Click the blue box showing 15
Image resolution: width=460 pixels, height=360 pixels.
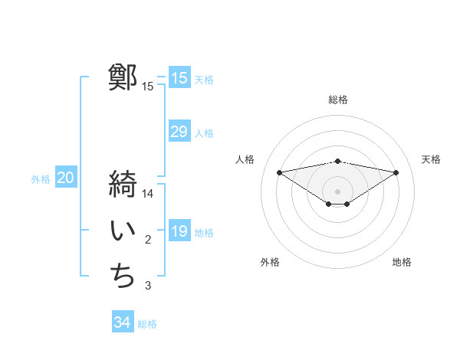coord(179,77)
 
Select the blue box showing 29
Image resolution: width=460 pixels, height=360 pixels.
coord(179,132)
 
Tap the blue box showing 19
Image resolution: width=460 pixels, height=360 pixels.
coord(179,231)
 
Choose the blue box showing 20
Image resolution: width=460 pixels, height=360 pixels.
coord(66,178)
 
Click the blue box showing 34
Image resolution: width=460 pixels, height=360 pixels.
coord(123,322)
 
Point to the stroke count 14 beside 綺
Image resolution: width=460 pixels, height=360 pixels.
coord(148,194)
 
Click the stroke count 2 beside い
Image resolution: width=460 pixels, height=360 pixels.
coord(148,241)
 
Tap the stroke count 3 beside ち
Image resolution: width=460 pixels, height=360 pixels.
coord(148,286)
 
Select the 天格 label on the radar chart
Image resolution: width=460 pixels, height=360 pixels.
coord(431,159)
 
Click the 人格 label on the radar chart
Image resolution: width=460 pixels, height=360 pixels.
coord(245,159)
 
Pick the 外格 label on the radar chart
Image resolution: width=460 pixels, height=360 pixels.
coord(270,262)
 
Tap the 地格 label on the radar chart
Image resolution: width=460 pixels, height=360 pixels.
coord(402,262)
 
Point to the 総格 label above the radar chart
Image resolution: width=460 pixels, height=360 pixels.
coord(338,100)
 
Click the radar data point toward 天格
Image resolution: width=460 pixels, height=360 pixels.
coord(396,172)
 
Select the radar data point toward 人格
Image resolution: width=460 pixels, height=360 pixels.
coord(279,172)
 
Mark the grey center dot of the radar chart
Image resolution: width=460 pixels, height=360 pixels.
coord(337,191)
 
